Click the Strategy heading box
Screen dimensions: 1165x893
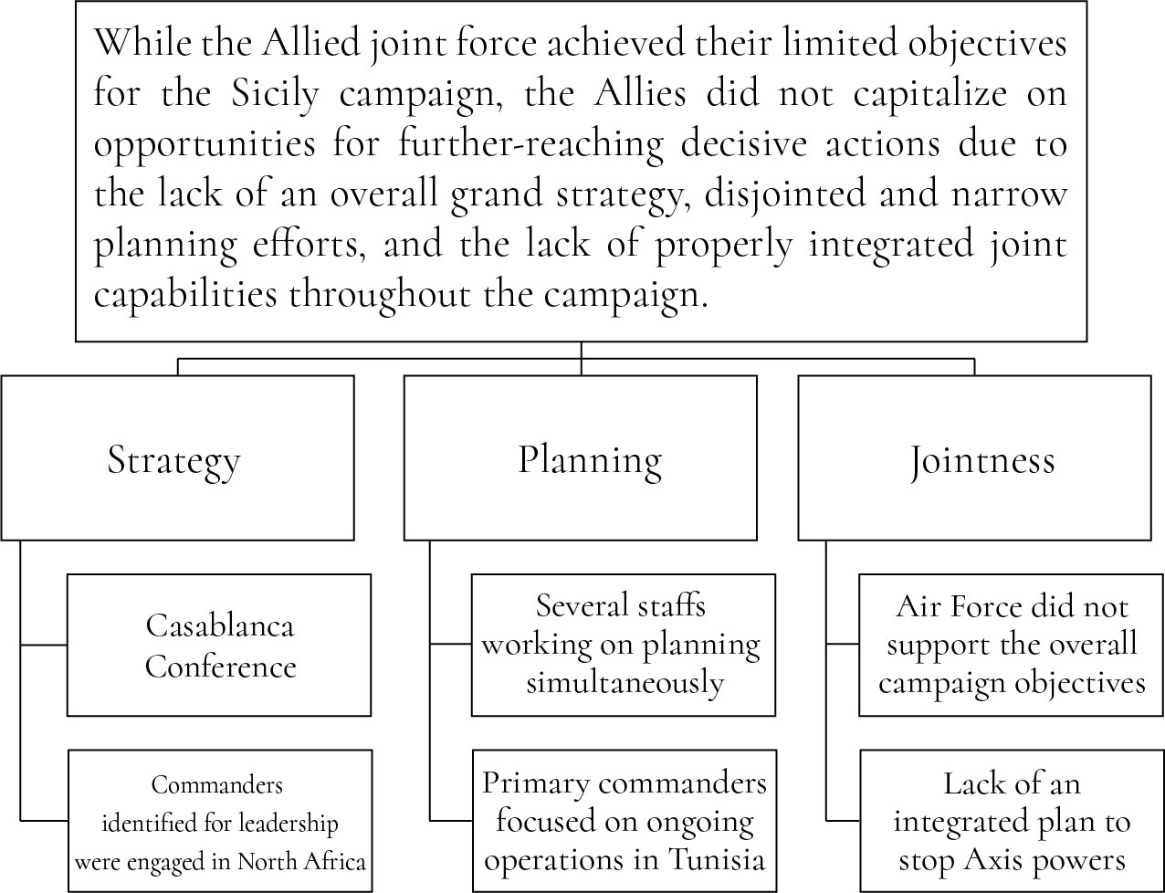coord(177,457)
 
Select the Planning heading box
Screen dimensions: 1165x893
coord(580,457)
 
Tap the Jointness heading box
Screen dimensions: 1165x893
coord(975,457)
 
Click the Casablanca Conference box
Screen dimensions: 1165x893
coord(219,645)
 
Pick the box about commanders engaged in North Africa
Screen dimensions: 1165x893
coord(220,821)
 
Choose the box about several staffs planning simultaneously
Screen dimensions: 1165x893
coord(624,645)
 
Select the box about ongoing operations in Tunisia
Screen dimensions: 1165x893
coord(624,821)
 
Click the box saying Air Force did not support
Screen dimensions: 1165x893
coord(1011,645)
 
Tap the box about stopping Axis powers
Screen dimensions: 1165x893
coord(1013,821)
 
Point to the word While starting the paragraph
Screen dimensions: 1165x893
coord(143,42)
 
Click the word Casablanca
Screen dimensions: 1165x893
coord(220,625)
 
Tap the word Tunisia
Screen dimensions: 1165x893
coord(717,859)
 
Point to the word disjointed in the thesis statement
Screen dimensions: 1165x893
coord(785,195)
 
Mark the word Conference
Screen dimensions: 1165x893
coord(220,667)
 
